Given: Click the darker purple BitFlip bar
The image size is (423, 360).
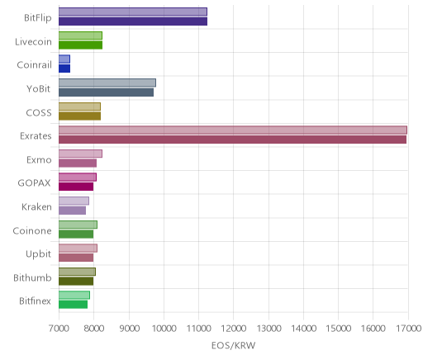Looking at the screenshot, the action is (133, 21).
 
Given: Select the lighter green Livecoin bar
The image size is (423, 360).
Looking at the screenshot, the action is (80, 36).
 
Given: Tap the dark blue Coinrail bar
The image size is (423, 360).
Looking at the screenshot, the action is (64, 69).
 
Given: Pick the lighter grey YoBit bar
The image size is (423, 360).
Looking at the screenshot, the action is (107, 83).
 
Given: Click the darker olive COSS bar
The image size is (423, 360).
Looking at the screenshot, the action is (80, 116).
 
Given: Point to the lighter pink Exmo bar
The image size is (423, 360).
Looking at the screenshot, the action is (80, 154).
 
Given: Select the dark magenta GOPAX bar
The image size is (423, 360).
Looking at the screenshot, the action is (76, 187).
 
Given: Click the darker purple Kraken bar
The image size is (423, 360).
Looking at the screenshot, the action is (73, 211).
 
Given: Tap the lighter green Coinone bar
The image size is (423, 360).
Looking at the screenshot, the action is (78, 225).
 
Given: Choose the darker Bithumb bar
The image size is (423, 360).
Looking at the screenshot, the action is (76, 282).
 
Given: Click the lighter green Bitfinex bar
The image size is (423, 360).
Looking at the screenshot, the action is (74, 296).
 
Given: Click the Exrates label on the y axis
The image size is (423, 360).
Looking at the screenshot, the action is (36, 136).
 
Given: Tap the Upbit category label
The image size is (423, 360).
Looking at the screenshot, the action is (38, 254).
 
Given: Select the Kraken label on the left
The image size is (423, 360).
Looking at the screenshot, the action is (36, 206).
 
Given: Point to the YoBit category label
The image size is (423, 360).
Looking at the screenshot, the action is (39, 89).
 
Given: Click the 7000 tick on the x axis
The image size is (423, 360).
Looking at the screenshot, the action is (59, 329).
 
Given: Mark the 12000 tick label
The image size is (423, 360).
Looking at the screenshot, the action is (234, 329).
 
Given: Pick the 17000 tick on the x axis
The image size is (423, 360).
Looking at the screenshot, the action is (409, 329).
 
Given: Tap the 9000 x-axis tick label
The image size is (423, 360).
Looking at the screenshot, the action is (129, 329).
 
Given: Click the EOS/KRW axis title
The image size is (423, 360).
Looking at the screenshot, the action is (234, 345).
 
